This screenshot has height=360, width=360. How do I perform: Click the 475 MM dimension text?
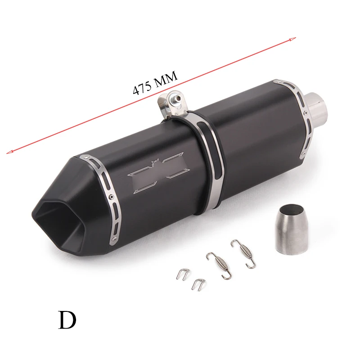coord(155,83)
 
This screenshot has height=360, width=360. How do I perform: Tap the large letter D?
coord(67,320)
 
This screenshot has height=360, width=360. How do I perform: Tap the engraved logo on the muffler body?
coord(158,173)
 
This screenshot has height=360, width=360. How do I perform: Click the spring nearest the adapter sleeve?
coord(243,253)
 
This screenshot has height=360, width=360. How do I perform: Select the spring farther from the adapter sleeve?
coord(219,265)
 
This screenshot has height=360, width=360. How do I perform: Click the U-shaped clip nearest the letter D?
coord(183,274)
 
